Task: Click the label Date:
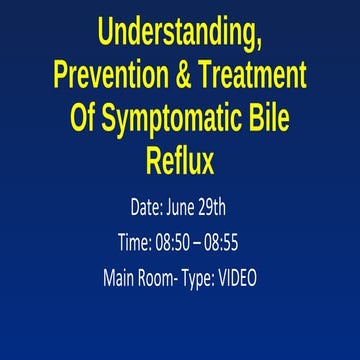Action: tap(152, 208)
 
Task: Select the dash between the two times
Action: tap(214, 243)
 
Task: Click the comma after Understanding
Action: tap(262, 43)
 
